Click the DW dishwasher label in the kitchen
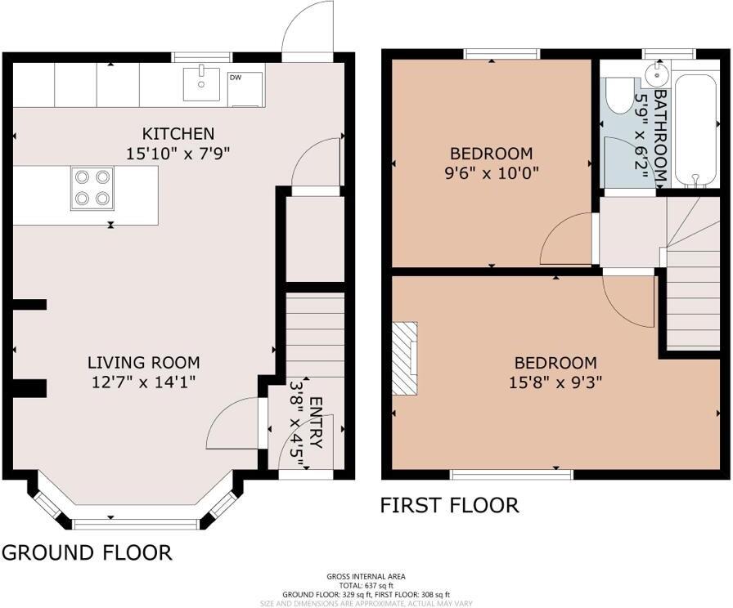(x=236, y=78)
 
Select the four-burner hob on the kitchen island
(x=92, y=187)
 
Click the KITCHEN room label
(x=178, y=133)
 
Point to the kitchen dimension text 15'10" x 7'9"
(x=178, y=152)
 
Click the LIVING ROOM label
(x=144, y=362)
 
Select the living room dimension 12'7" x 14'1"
(x=144, y=381)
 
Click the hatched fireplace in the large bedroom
(x=405, y=358)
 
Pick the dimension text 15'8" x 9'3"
(x=555, y=382)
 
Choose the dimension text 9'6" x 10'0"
(x=491, y=172)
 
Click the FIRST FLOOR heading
(x=449, y=505)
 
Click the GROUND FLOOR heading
(x=87, y=552)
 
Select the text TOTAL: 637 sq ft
(x=366, y=585)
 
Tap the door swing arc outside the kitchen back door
(x=307, y=29)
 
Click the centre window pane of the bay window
(x=136, y=522)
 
